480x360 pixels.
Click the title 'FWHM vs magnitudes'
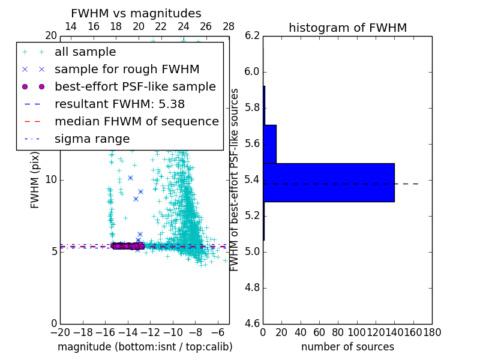(136, 13)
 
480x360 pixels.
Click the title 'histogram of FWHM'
(347, 28)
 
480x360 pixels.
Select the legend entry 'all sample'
(85, 52)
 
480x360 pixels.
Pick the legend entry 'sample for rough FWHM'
(127, 70)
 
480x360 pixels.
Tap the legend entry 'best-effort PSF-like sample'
(135, 87)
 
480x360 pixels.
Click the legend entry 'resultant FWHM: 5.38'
(119, 104)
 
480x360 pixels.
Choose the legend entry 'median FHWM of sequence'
(136, 122)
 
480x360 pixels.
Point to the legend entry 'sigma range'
(92, 139)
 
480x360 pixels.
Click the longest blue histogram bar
(329, 182)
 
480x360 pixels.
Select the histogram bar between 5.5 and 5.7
(269, 144)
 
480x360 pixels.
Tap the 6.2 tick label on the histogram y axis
(253, 36)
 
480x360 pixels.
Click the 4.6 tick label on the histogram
(253, 323)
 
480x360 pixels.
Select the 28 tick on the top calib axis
(229, 26)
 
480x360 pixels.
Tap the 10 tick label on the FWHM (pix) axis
(51, 180)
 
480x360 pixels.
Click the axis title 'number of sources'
(347, 347)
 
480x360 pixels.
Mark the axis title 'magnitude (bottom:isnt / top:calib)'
(145, 347)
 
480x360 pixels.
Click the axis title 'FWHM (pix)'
(35, 180)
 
